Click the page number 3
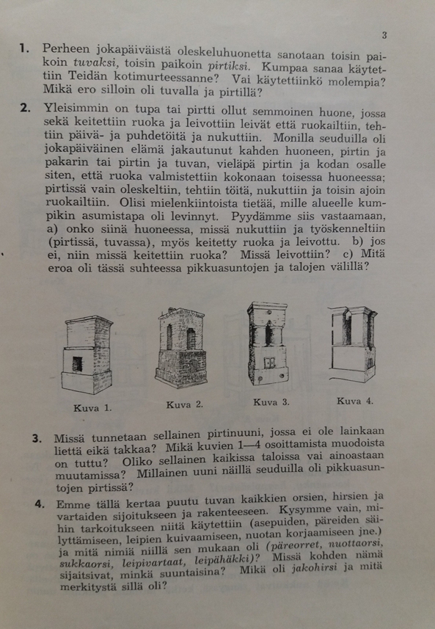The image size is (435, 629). (384, 36)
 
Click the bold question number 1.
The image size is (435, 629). (24, 49)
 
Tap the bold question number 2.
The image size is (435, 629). (25, 108)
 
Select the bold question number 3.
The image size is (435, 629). (37, 438)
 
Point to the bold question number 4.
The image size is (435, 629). (40, 503)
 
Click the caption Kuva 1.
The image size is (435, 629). (92, 408)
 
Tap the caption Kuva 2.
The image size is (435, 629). (185, 404)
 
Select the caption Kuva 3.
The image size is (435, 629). (271, 401)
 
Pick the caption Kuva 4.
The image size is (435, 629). (355, 401)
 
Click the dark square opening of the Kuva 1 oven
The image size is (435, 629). (77, 364)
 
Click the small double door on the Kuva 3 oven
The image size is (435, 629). (269, 363)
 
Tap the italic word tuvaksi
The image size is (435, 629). (96, 63)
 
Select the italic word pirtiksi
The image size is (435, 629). (230, 65)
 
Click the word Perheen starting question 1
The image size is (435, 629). (66, 49)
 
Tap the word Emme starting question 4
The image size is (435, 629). (70, 503)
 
